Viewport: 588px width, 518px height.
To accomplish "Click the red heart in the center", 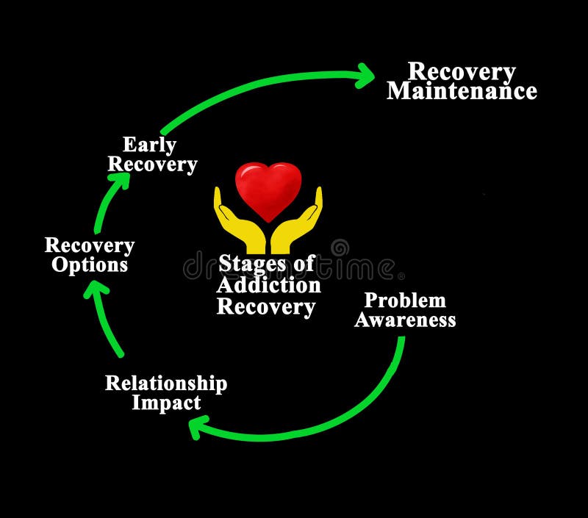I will coord(268,188).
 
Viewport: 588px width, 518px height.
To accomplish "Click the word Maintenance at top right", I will coord(462,91).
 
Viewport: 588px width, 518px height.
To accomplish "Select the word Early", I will coord(149,144).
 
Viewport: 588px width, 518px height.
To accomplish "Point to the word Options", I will coord(90,265).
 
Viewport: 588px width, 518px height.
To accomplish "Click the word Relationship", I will coord(166,383).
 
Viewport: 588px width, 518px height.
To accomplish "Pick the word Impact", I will coord(166,403).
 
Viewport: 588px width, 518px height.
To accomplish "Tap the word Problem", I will coord(405,300).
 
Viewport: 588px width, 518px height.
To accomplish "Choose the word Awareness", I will coord(405,320).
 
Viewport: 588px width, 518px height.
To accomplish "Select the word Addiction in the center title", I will coord(268,284).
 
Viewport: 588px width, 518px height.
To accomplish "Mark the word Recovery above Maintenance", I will coord(462,71).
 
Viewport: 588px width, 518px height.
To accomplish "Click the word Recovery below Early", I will coord(152,164).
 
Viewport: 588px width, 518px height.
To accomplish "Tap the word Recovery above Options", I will coord(90,245).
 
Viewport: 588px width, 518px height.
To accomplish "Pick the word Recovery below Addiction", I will coord(266,306).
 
